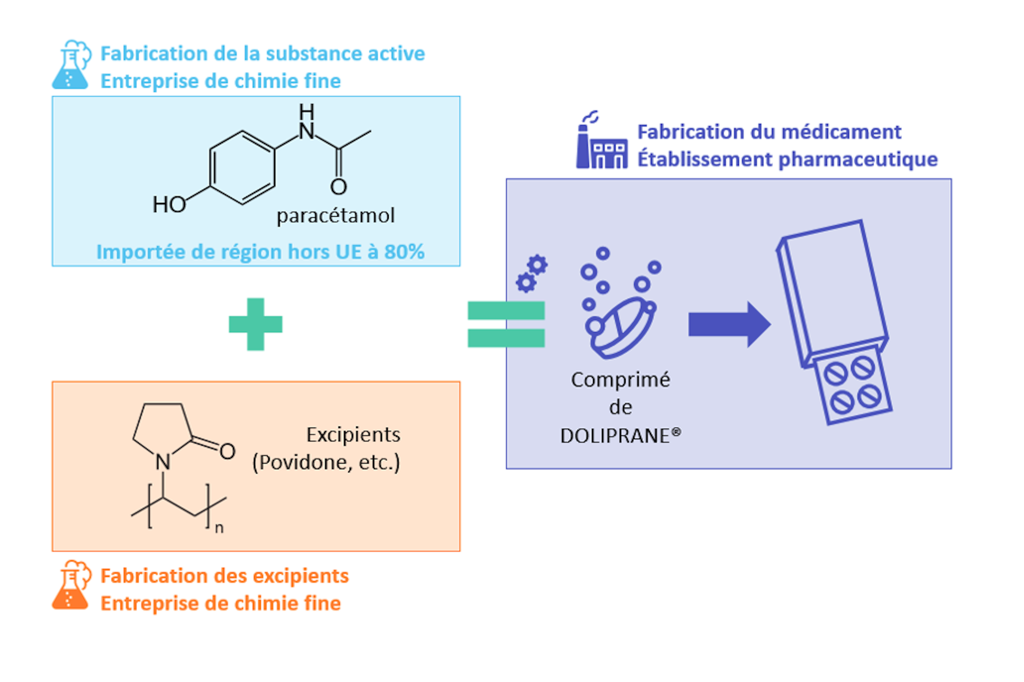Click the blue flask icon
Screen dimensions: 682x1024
pos(70,65)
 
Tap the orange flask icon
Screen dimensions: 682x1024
pos(70,585)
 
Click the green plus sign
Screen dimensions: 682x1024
pos(255,324)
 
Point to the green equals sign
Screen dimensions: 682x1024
pos(506,324)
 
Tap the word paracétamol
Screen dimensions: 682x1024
pos(335,216)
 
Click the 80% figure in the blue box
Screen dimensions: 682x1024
pos(404,252)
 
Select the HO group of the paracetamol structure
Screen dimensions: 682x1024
pos(169,204)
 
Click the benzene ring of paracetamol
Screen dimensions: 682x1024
pos(243,168)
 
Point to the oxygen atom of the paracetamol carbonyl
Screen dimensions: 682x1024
pos(339,187)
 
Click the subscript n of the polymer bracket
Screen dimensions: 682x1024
pos(219,528)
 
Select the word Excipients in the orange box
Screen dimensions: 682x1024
pos(353,435)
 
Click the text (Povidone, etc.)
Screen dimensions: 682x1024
pos(326,463)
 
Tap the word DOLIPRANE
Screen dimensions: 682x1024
pos(614,436)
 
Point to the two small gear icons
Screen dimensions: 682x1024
pos(532,273)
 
